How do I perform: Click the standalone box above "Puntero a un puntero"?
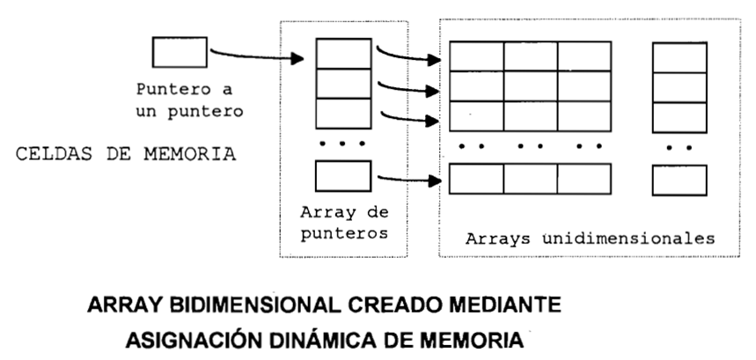pyautogui.click(x=180, y=52)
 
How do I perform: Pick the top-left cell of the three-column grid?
pyautogui.click(x=475, y=56)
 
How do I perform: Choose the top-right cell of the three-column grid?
pyautogui.click(x=584, y=56)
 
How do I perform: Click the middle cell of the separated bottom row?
pyautogui.click(x=530, y=179)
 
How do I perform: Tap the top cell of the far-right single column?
pyautogui.click(x=679, y=57)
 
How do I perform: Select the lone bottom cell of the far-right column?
pyautogui.click(x=679, y=180)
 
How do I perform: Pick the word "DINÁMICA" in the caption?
pyautogui.click(x=337, y=338)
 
